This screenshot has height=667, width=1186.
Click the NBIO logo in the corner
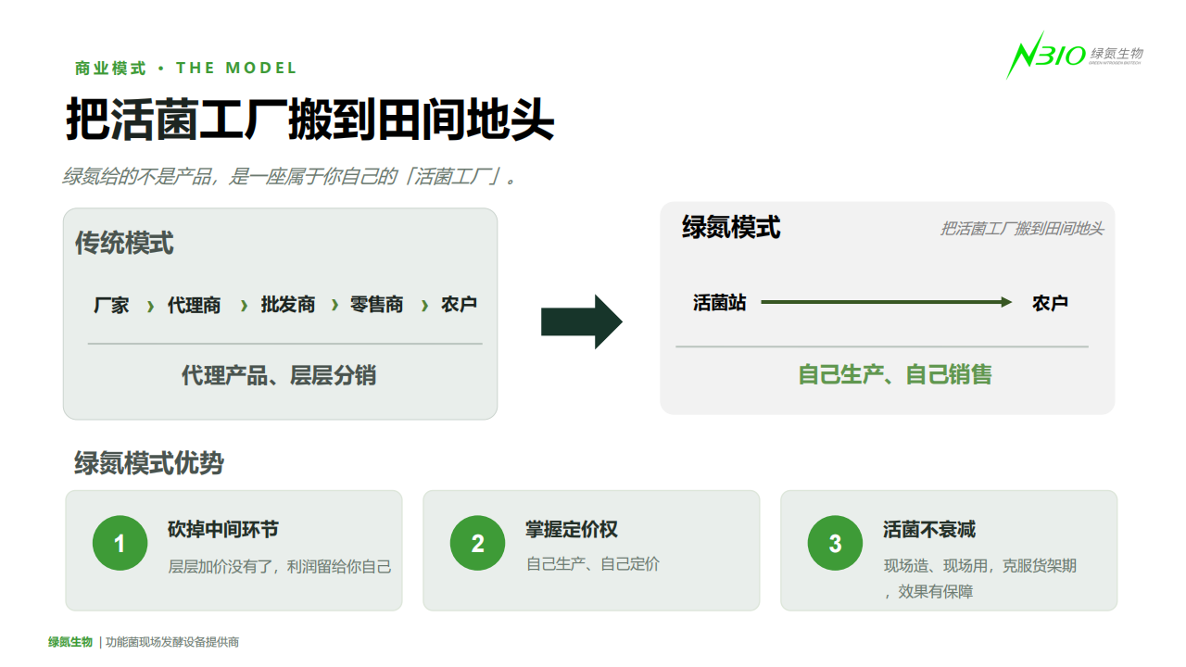click(x=1075, y=55)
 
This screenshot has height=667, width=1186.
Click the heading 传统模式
click(x=124, y=243)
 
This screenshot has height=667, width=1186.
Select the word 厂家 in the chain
click(x=111, y=306)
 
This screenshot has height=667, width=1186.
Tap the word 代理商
click(x=194, y=306)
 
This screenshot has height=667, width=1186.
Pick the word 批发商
click(x=288, y=305)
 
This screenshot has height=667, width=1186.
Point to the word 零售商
click(x=376, y=305)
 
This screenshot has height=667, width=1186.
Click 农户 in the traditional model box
click(x=459, y=305)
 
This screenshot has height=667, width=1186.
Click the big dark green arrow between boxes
click(x=581, y=321)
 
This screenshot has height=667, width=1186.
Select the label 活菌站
click(x=720, y=303)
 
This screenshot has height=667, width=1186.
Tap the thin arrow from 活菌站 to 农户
click(x=887, y=302)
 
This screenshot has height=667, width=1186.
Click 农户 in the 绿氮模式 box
click(x=1050, y=303)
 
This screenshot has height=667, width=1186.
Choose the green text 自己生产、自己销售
click(x=895, y=374)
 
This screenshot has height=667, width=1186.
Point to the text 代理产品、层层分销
click(x=279, y=375)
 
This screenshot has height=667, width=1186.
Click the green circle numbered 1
click(x=120, y=543)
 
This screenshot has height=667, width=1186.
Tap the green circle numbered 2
click(x=477, y=543)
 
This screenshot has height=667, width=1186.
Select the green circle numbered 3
click(x=835, y=543)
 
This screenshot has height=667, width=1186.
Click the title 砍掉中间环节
click(x=223, y=529)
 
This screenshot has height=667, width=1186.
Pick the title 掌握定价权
click(x=572, y=529)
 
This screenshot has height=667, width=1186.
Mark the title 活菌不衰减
click(x=929, y=529)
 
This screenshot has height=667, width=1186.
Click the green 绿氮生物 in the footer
click(x=70, y=642)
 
